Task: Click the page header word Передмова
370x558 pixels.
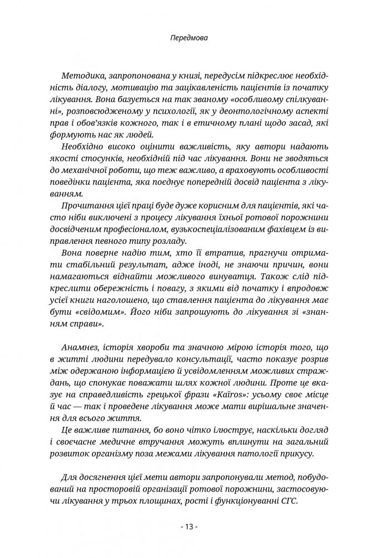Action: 184,40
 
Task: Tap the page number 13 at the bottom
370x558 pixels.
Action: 184,527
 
